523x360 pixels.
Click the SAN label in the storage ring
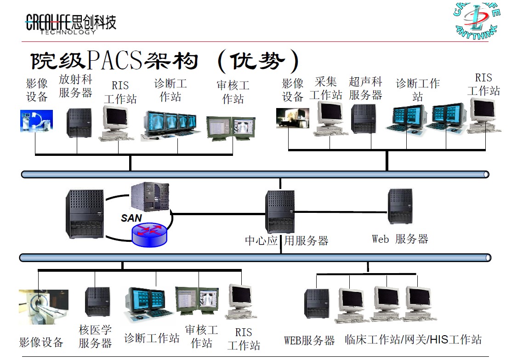[x=131, y=218]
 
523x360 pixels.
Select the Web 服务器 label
[x=400, y=239]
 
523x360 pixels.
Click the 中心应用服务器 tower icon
[x=279, y=211]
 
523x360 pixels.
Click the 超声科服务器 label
[x=365, y=89]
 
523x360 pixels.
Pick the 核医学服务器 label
[x=95, y=336]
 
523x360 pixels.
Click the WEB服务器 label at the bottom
[x=309, y=341]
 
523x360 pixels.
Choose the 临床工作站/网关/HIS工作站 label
[x=413, y=340]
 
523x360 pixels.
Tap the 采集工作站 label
[x=326, y=89]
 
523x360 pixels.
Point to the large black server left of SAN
[x=85, y=214]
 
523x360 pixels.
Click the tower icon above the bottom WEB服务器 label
[x=317, y=303]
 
